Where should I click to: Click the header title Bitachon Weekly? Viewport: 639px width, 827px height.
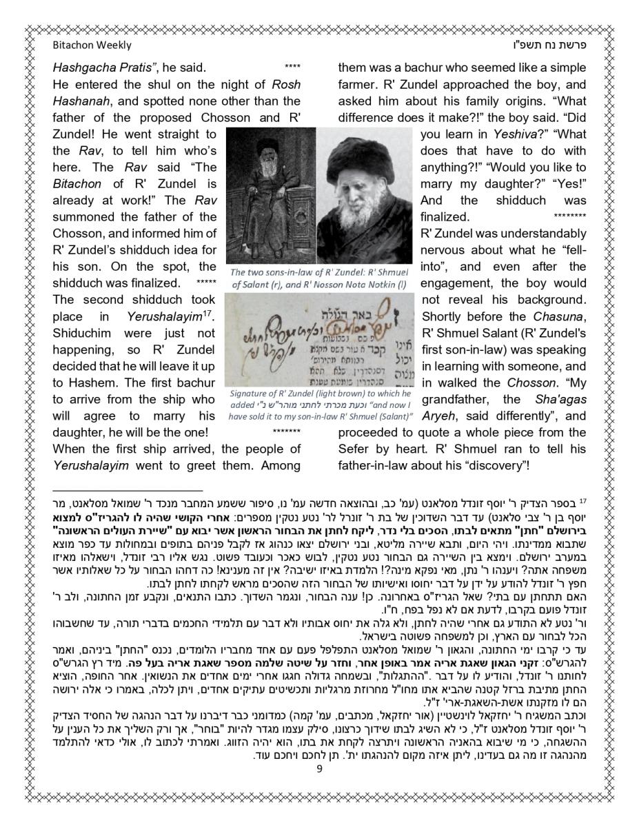92,45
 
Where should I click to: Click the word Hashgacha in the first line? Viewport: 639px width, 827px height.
81,68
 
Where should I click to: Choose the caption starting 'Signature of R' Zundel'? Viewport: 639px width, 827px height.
321,405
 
